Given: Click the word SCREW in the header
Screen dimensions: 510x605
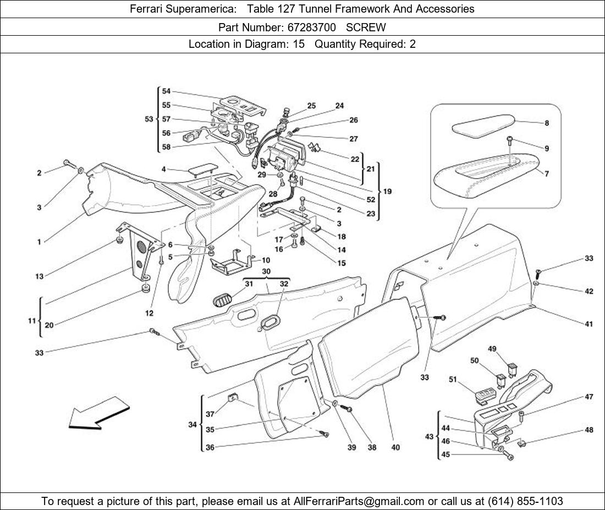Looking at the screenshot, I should (x=366, y=27).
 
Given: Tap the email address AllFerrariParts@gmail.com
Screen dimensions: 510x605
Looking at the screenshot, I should (x=359, y=501).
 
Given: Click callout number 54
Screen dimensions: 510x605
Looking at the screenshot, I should (x=166, y=91).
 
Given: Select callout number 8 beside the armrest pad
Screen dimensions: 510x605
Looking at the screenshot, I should (x=546, y=124).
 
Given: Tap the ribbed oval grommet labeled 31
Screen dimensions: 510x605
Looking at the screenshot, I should (x=223, y=301).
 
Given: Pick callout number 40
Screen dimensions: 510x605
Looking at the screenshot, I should (x=395, y=447).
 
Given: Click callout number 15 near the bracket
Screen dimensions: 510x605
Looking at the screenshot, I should (x=341, y=263).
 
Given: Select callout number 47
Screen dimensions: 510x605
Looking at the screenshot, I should (x=588, y=397).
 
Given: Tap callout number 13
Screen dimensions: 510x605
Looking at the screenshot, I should (x=39, y=276).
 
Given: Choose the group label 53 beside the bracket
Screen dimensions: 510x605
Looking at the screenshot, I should (x=149, y=119).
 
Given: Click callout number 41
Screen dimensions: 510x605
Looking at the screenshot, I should (x=588, y=324).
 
